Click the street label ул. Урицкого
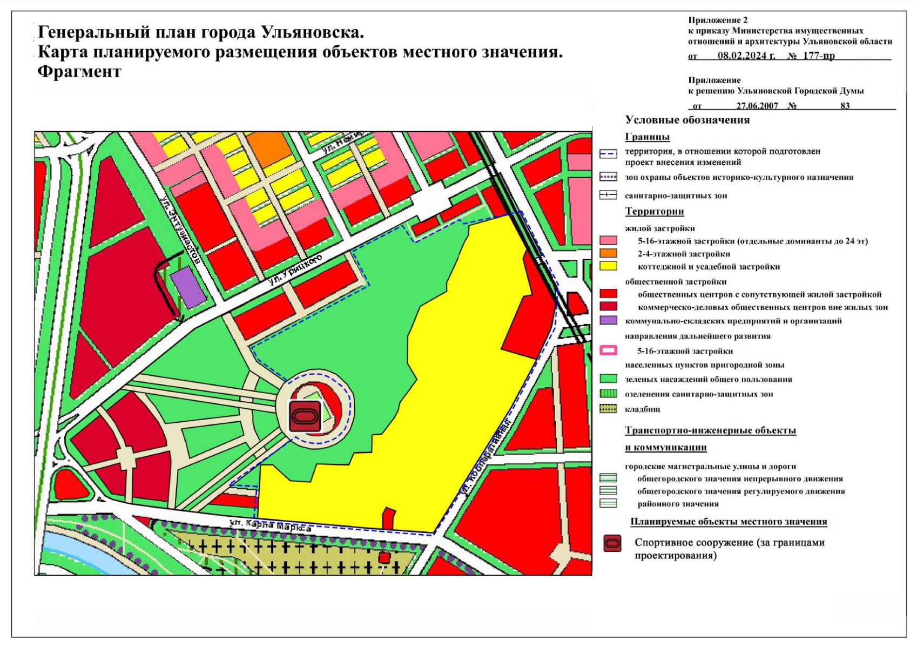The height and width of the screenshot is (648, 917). [x=295, y=268]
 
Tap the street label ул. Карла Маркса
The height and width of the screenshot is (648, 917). [x=270, y=525]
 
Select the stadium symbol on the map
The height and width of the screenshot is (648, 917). [x=305, y=416]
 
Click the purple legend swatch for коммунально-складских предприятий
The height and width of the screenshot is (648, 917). [x=608, y=320]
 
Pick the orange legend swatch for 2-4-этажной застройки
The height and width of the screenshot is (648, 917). [x=608, y=253]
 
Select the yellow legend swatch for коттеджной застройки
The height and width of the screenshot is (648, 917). [x=608, y=266]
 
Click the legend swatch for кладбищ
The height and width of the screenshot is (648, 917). [x=608, y=409]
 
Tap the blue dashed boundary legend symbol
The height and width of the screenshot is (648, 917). [x=608, y=154]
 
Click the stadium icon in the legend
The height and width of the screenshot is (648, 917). [x=612, y=543]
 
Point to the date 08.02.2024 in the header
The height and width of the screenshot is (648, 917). [x=746, y=56]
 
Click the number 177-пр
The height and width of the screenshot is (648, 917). [x=819, y=56]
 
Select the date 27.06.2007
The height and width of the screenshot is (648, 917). [x=757, y=106]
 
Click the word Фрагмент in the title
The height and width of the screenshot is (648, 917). [x=79, y=72]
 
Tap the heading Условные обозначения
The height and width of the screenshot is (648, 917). [x=687, y=120]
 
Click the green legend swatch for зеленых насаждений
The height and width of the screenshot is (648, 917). [x=608, y=379]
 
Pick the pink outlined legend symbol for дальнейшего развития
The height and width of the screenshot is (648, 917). [x=608, y=350]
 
